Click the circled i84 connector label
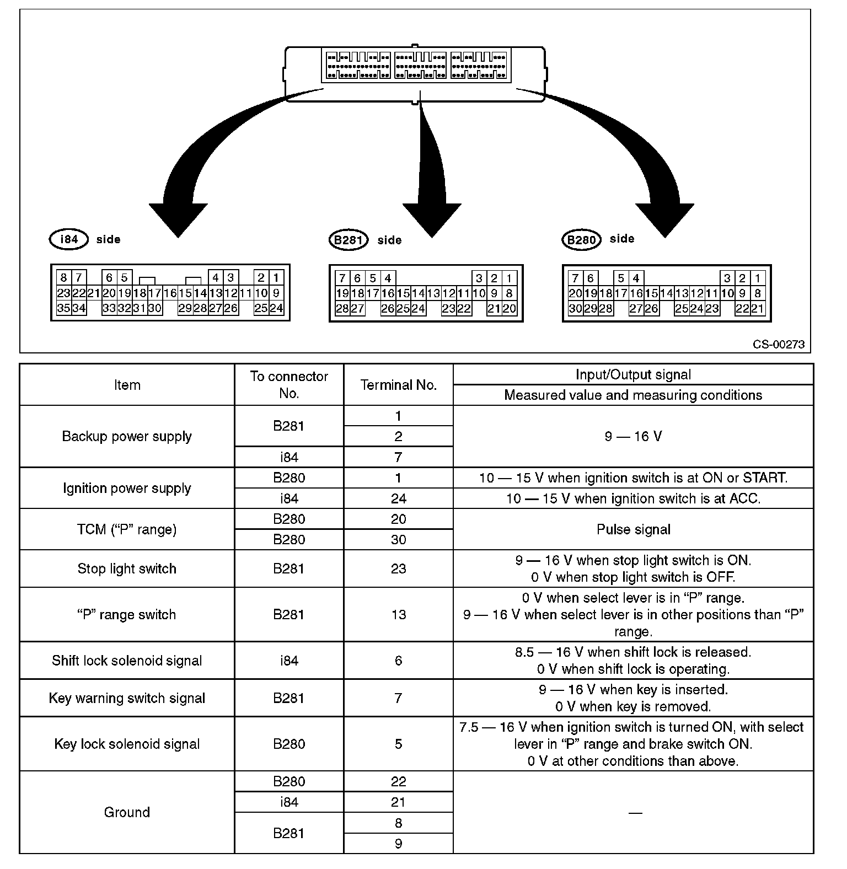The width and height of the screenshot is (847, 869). (x=68, y=239)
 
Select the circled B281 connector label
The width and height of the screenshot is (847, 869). (x=347, y=240)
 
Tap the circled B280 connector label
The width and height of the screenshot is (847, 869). (x=581, y=240)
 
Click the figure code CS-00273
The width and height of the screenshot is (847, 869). (x=779, y=345)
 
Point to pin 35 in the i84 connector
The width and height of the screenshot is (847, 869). (x=63, y=308)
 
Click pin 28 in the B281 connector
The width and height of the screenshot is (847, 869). (x=342, y=309)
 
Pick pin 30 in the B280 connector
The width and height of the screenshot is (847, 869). (x=575, y=309)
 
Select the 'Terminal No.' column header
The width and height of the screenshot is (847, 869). (x=398, y=385)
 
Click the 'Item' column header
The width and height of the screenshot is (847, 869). (x=127, y=385)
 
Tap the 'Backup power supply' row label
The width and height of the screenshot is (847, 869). (x=127, y=436)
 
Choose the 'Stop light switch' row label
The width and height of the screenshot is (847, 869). (x=127, y=568)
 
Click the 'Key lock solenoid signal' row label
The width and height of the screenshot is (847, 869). (x=127, y=744)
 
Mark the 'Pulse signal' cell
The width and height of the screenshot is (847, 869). (x=633, y=529)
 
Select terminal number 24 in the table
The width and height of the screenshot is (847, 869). (x=398, y=498)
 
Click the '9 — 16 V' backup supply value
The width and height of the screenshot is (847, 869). (x=633, y=436)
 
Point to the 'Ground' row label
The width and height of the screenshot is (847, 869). (x=127, y=812)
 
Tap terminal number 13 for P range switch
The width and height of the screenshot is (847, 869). (x=398, y=614)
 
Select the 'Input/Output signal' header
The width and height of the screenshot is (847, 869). (x=633, y=375)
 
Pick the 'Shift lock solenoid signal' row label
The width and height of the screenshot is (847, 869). (x=127, y=661)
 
